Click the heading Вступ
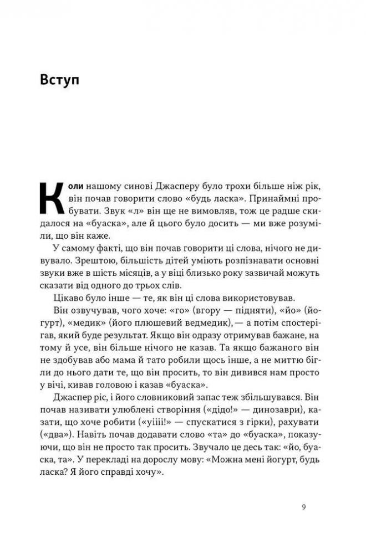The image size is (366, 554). (60, 80)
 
